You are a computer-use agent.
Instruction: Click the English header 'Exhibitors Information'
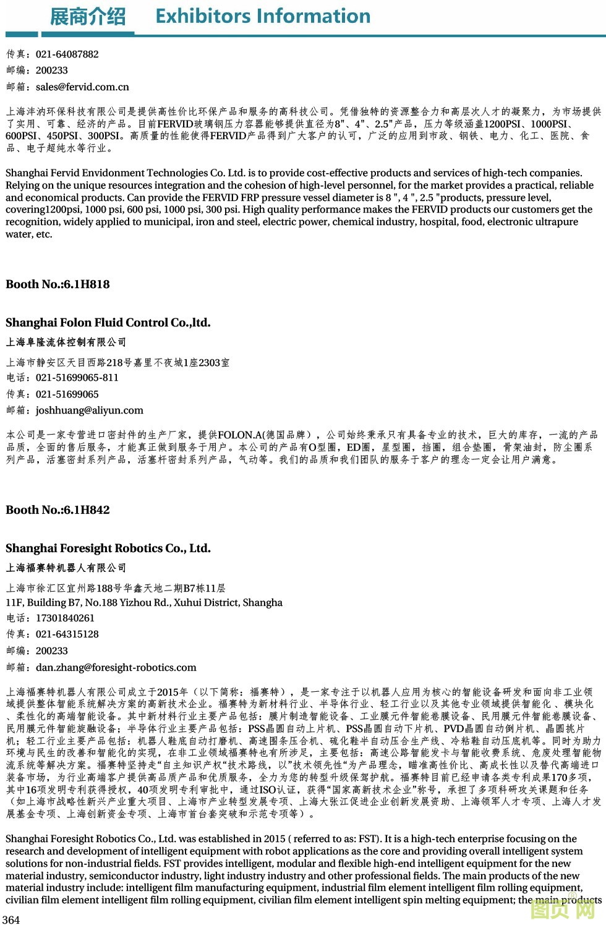[263, 16]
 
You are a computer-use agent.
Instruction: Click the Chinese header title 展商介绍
[87, 17]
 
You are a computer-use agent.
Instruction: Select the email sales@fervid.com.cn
[82, 87]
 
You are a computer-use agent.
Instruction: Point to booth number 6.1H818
[87, 284]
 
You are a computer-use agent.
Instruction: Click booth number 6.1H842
[87, 510]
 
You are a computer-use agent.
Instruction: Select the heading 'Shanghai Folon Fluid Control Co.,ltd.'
[108, 323]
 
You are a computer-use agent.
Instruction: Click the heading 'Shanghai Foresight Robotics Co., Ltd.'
[108, 548]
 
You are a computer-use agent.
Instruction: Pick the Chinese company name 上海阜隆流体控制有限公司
[66, 343]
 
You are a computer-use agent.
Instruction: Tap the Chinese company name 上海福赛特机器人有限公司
[66, 568]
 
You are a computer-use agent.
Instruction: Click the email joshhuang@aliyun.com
[89, 411]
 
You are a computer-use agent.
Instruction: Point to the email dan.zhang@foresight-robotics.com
[116, 668]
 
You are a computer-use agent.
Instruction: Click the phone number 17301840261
[65, 618]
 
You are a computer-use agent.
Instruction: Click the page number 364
[11, 920]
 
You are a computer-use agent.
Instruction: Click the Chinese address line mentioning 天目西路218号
[117, 363]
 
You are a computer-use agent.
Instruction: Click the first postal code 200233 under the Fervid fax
[51, 70]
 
